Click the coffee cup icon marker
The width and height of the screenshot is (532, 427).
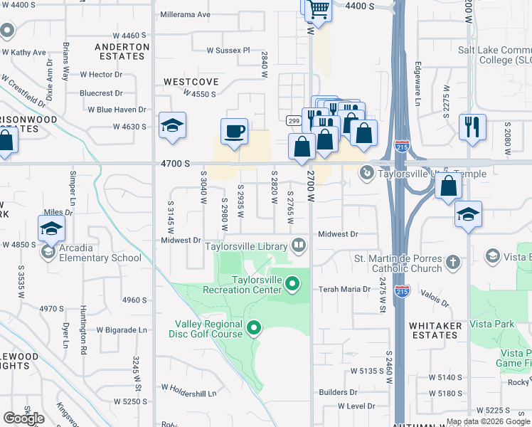pyautogui.click(x=234, y=132)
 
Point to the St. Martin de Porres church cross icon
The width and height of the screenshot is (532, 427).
pyautogui.click(x=452, y=263)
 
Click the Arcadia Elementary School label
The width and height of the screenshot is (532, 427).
pyautogui.click(x=100, y=258)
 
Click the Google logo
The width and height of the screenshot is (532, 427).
pyautogui.click(x=23, y=418)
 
